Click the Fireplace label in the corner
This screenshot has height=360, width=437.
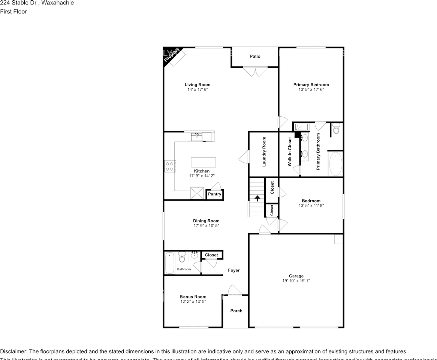171,55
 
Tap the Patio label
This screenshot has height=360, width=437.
255,56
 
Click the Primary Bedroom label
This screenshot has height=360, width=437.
311,85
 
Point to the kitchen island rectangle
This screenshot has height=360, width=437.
204,162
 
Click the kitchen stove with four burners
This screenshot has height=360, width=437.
169,166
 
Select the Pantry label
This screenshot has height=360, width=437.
215,194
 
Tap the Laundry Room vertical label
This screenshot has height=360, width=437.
264,151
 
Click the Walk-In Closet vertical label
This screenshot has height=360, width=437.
290,151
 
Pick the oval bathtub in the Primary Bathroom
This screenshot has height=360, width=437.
335,164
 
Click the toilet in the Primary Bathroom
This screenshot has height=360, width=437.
336,130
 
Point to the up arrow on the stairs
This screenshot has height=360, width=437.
257,198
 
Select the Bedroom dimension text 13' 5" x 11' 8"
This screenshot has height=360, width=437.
311,205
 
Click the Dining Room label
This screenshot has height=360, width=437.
206,221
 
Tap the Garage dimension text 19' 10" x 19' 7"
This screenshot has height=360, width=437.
296,281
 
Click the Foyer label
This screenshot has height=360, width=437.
234,270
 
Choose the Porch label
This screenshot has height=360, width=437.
236,310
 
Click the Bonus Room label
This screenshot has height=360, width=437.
193,297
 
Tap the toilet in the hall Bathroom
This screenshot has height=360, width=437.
182,257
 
